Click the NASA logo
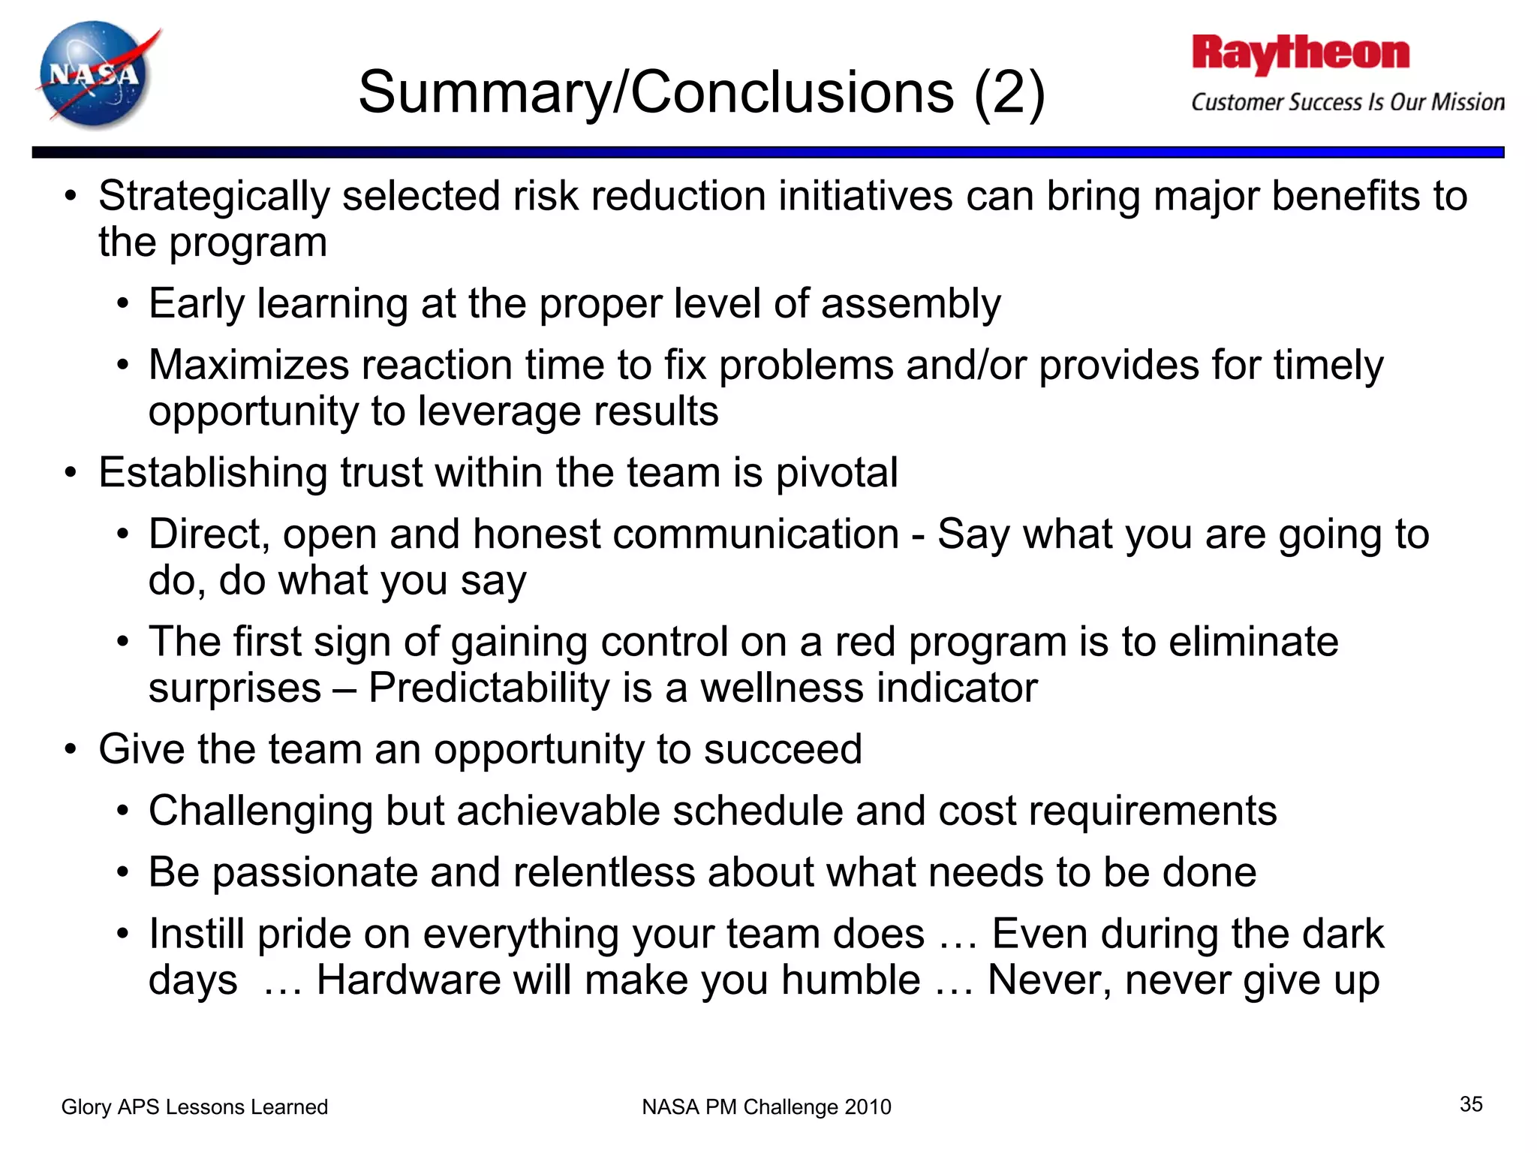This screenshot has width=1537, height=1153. pos(96,75)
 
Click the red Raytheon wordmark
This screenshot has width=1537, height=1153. pos(1301,54)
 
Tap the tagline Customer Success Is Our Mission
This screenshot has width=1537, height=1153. pos(1348,102)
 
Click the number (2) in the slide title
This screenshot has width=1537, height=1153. pos(1009,93)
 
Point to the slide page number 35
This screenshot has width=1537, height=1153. pos(1471,1104)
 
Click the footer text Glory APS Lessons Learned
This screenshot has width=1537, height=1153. pos(194,1107)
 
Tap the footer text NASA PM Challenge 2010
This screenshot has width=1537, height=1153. pos(766,1107)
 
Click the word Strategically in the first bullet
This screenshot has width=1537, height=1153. pos(214,197)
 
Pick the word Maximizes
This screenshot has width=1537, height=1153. pos(248,366)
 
